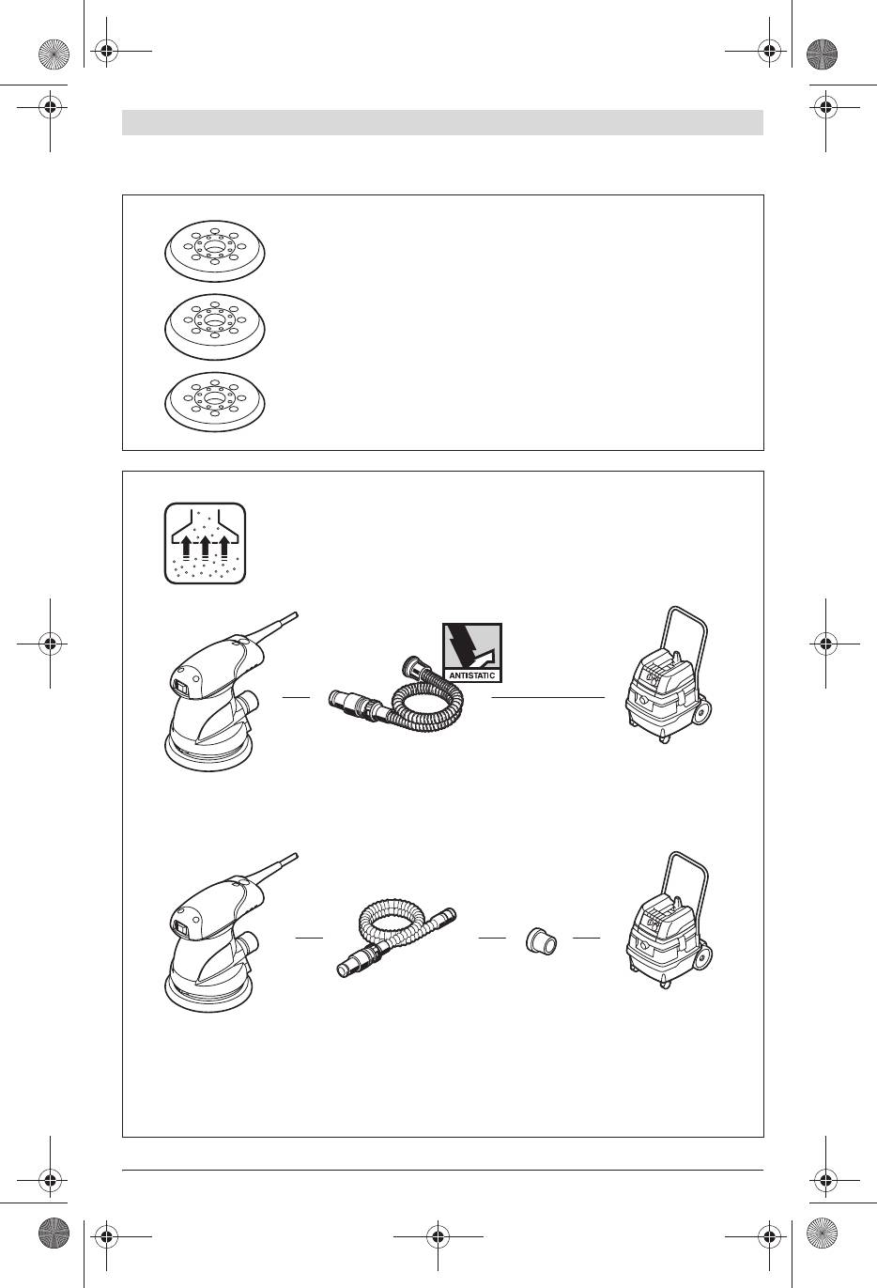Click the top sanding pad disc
tap(215, 251)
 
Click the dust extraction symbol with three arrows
tap(206, 543)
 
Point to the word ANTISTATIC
tap(471, 675)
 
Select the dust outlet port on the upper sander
tap(250, 702)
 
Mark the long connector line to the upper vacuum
tap(548, 697)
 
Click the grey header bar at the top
tap(442, 122)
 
